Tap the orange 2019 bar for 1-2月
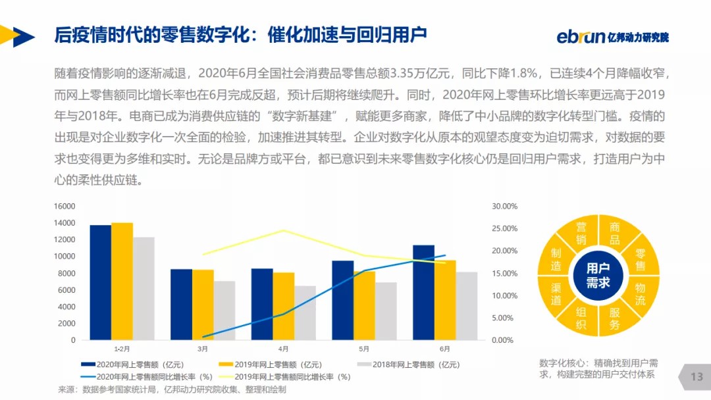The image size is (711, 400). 122,282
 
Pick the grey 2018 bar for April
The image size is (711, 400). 305,313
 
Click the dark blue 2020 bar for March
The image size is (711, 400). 182,305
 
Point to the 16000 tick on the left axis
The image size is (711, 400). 65,206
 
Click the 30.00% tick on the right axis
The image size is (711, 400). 505,206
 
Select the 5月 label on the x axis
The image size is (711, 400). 363,349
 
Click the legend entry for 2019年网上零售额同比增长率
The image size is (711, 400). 292,377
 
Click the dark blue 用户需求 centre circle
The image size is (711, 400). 598,275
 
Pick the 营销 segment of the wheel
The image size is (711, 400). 580,234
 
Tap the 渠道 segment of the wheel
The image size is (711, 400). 556,293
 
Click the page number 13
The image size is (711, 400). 697,377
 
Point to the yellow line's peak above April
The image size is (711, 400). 283,230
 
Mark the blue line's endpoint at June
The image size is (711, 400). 445,255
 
